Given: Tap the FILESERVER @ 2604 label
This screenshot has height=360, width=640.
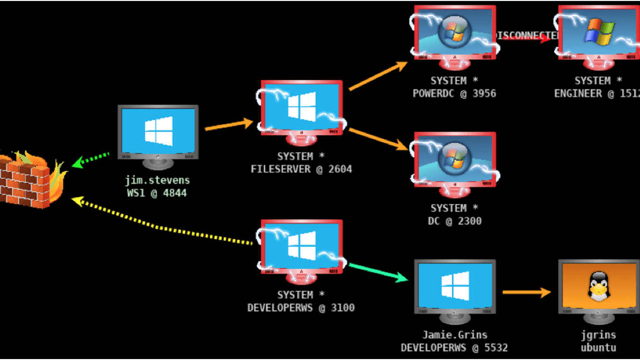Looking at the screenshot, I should pos(301,169).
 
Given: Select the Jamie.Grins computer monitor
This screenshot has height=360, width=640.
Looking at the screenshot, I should pos(455,286).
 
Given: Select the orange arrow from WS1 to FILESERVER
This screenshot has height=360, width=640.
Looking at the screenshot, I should pos(229,125).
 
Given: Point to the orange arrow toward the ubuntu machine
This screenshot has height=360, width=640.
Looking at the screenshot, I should pos(526,292).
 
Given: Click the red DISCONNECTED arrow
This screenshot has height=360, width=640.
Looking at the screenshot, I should pos(526,37).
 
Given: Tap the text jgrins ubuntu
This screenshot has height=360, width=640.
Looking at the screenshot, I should pos(598,341).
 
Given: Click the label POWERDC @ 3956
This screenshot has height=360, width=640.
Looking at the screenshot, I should pos(454,93).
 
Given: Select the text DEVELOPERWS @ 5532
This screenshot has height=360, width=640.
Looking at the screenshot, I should pos(454,348).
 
